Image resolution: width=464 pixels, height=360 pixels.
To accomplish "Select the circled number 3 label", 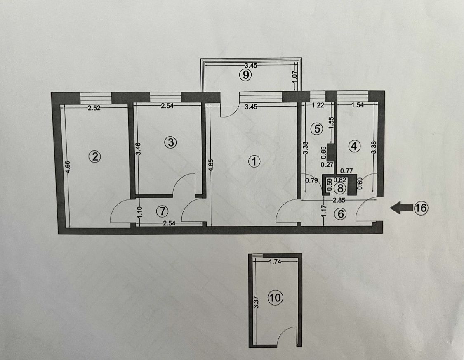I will click(170, 142).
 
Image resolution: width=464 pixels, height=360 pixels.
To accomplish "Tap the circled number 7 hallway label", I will click(163, 211).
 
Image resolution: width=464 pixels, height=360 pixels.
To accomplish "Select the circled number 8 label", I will click(340, 188).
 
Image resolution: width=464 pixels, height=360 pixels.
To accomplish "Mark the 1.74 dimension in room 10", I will click(275, 261).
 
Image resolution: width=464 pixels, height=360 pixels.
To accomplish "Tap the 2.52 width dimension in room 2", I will click(94, 109).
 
